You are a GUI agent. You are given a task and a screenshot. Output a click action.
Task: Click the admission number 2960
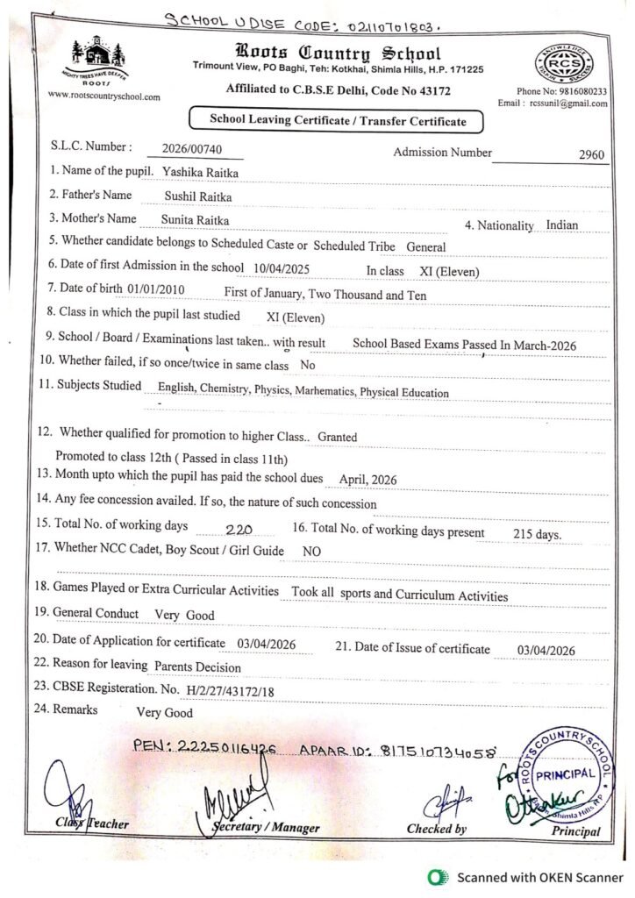[592, 155]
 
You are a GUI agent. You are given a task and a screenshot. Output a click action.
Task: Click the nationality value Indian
[561, 224]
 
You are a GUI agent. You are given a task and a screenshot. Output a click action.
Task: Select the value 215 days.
[537, 534]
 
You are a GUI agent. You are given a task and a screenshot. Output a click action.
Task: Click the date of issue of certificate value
[546, 650]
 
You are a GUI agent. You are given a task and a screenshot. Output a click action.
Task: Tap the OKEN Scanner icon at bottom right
[433, 877]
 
